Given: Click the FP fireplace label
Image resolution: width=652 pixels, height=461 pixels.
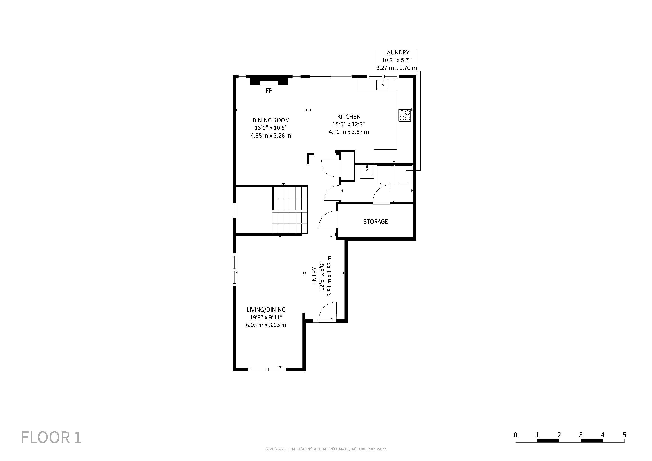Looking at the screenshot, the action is point(269,90).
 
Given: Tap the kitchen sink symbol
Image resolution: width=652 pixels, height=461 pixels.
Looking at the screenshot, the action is point(383,85).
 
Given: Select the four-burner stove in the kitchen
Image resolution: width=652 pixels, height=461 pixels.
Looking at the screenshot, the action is point(405,115).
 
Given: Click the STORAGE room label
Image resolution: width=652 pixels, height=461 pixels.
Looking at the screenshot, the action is point(375,221).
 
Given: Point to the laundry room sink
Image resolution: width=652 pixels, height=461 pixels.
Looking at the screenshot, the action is point(367,172).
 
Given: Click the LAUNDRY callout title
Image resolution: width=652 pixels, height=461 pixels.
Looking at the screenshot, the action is point(396,52).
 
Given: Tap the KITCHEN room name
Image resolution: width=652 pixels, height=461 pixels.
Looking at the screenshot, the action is point(349,117).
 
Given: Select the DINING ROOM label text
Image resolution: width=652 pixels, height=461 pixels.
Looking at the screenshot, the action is point(271,120).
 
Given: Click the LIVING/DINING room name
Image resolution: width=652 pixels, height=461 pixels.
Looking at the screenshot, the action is point(266,310).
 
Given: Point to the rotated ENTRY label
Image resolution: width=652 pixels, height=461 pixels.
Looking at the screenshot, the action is point(314,276).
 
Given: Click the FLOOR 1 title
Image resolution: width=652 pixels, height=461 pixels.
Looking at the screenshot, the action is point(51,437).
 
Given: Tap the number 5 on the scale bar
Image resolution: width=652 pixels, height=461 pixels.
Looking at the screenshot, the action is point(624,435).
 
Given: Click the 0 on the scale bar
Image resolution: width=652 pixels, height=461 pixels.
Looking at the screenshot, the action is point(515,435).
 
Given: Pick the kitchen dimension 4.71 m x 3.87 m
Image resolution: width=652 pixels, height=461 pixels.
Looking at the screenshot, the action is point(349,132).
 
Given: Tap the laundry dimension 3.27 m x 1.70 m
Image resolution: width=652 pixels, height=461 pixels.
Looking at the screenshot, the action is point(396,68).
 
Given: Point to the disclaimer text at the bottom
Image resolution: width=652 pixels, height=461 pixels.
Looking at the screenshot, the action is point(326,449).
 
